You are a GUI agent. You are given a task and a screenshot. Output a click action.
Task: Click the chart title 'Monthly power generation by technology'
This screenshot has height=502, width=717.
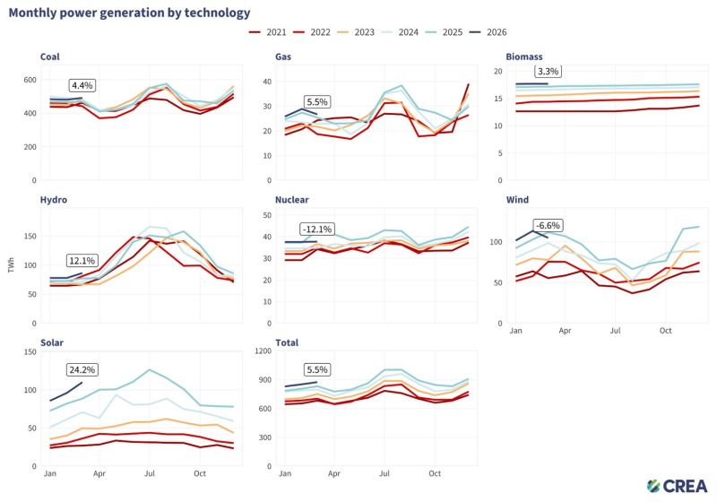pos(130,13)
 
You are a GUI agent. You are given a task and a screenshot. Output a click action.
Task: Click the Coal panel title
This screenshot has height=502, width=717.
pos(50,56)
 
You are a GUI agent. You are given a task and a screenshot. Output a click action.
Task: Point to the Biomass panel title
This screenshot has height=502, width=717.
pos(524,56)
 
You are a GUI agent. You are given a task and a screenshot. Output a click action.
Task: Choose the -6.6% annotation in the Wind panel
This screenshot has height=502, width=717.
pos(548,225)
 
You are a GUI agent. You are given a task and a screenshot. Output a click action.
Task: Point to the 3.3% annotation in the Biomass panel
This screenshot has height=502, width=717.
pos(548,71)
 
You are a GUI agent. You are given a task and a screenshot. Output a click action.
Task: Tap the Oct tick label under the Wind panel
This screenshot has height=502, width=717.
pos(666,331)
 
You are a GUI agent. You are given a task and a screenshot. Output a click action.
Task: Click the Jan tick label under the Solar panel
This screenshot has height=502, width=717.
pos(51,472)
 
